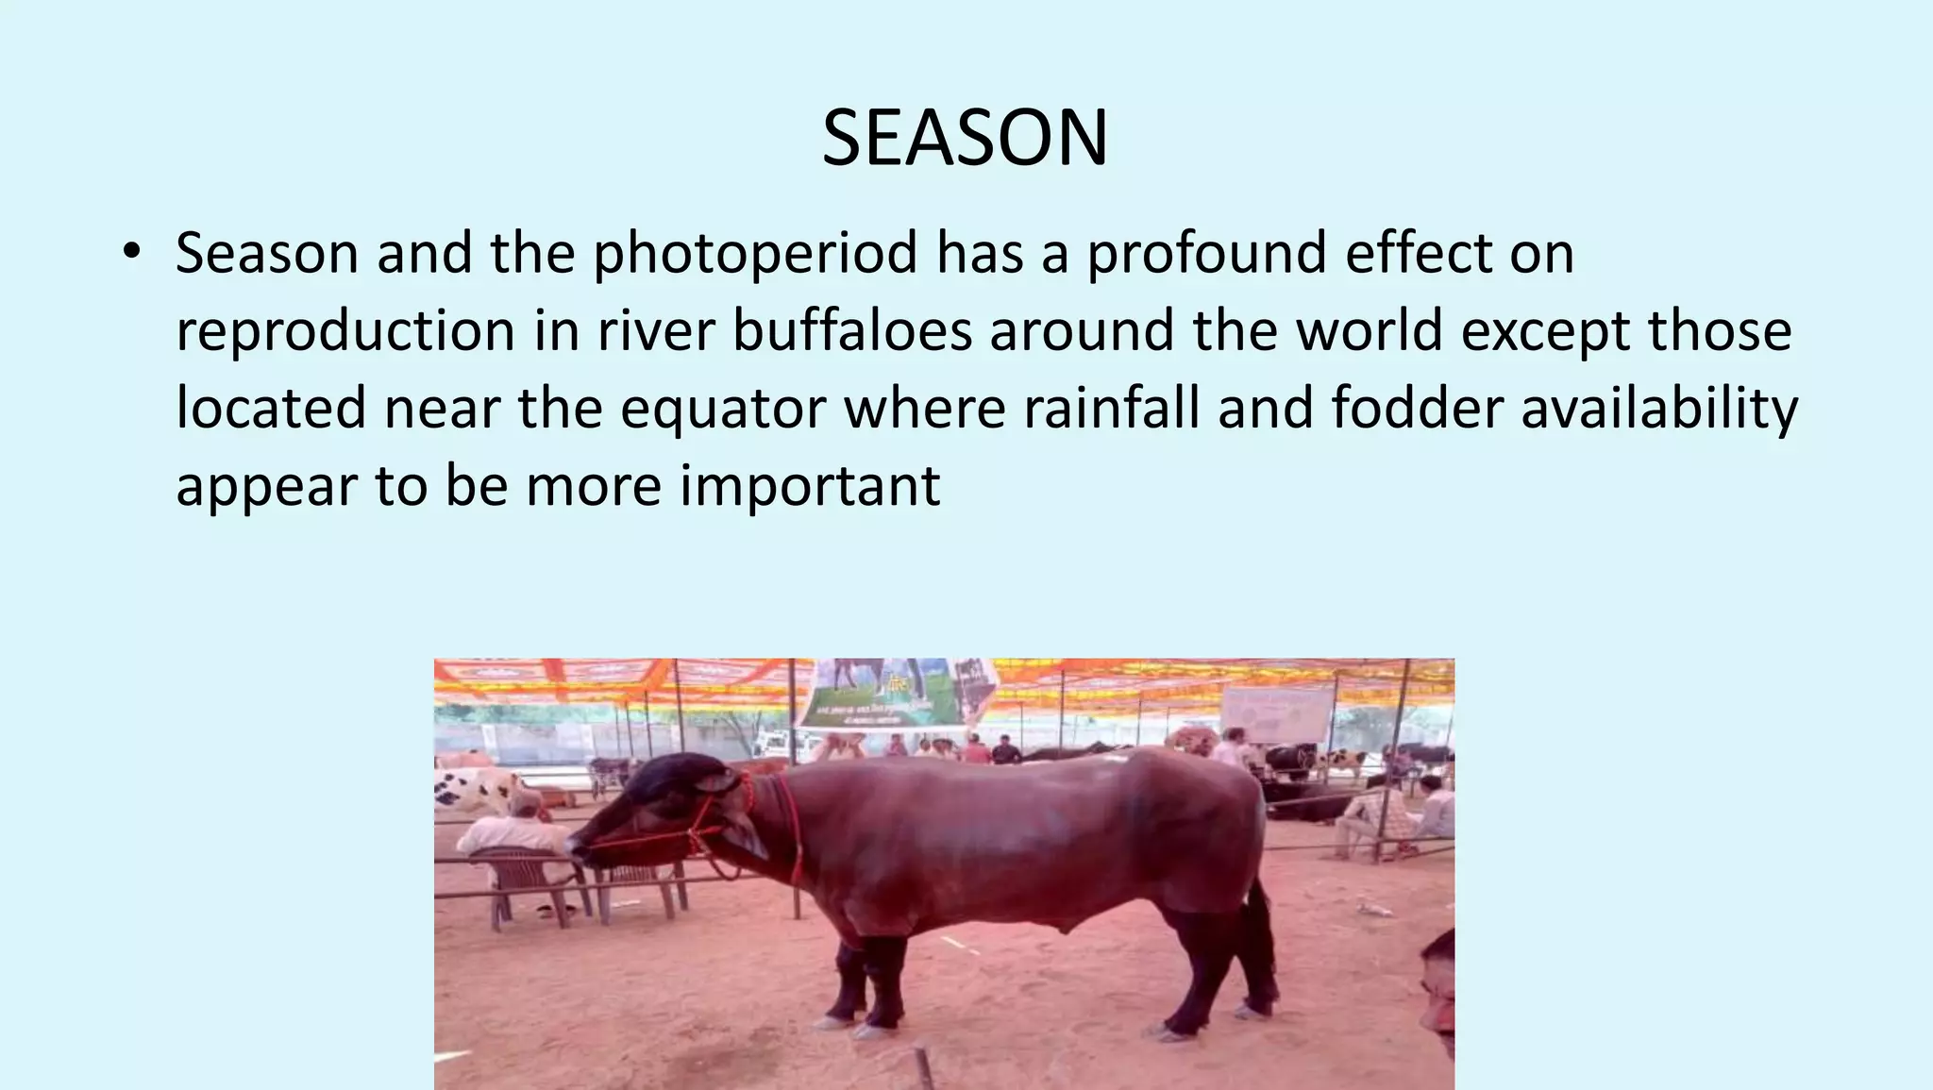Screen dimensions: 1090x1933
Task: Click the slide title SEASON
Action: coord(965,139)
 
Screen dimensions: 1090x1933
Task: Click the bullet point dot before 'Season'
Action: coord(131,252)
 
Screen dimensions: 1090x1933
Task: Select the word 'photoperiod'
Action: coord(755,255)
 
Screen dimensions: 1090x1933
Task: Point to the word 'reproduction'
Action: coord(345,332)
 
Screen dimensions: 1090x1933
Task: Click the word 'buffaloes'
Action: coord(852,330)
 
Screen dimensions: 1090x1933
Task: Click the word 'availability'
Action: coord(1659,410)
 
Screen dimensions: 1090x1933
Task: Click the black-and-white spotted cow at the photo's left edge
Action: coord(471,788)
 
